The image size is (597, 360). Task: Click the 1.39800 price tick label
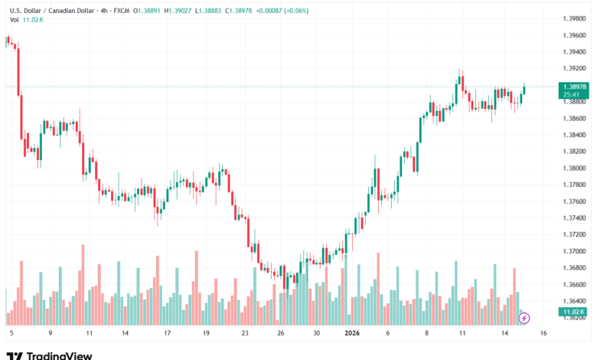click(x=573, y=18)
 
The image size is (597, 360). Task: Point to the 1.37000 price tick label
click(x=573, y=251)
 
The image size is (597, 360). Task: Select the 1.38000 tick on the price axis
click(x=573, y=168)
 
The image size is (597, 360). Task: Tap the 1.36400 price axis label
click(x=573, y=301)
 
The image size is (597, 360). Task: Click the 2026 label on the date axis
click(x=351, y=333)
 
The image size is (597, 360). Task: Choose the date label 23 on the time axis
click(x=244, y=333)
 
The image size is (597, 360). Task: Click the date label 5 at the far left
click(x=11, y=333)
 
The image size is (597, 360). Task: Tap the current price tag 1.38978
click(x=573, y=87)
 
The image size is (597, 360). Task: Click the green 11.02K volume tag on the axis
click(x=573, y=313)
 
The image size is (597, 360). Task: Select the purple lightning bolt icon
click(x=524, y=317)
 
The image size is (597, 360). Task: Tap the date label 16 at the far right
click(x=543, y=333)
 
